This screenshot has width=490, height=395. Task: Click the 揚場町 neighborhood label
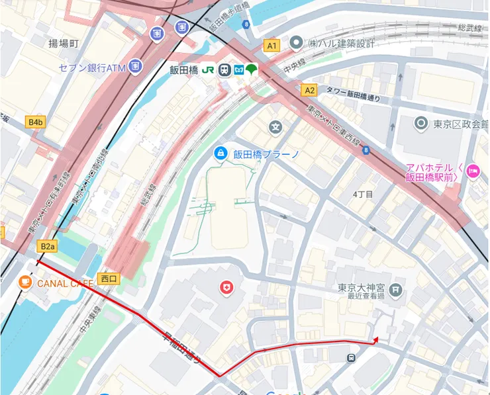[x=64, y=44]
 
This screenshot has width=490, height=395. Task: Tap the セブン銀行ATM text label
[x=91, y=67]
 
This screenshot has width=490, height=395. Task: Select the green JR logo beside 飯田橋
[x=208, y=69]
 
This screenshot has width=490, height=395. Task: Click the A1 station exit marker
[x=272, y=45]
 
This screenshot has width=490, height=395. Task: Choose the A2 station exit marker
[x=309, y=89]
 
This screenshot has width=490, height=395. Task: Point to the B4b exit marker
[x=35, y=122]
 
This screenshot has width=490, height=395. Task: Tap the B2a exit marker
[x=47, y=247]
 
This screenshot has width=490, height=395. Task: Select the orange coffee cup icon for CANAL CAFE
[x=25, y=283]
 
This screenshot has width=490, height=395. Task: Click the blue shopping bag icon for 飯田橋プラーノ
[x=220, y=154]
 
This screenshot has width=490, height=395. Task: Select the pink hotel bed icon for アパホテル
[x=473, y=171]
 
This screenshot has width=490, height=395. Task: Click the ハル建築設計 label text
[x=342, y=43]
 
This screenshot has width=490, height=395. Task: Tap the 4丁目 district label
[x=364, y=194]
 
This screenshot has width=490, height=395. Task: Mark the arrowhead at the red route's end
[x=375, y=339]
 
